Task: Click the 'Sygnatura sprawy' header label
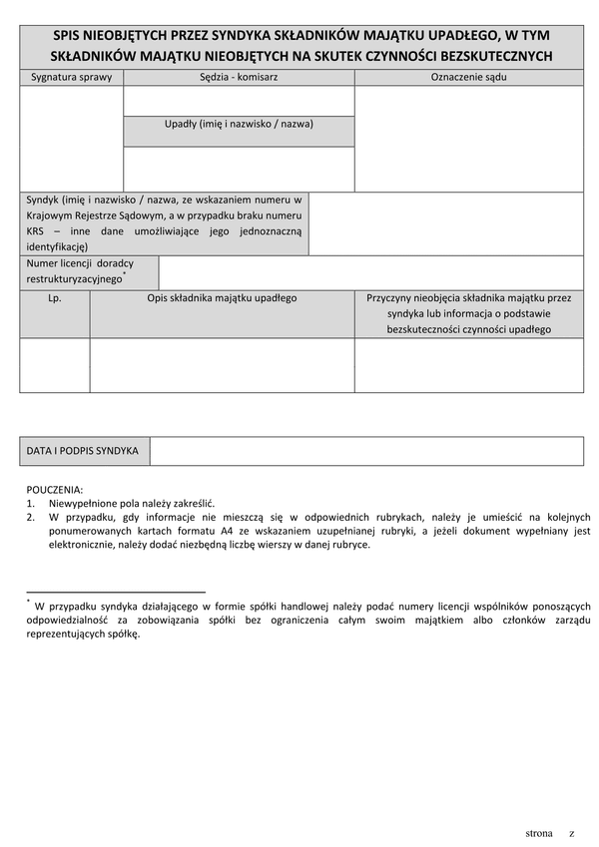[71, 77]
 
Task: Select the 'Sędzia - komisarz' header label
[239, 77]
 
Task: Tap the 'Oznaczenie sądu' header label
[468, 77]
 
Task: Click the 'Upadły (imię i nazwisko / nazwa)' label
[239, 125]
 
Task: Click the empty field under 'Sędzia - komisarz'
[239, 101]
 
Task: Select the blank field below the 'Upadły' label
[239, 169]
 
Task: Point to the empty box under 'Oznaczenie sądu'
[468, 138]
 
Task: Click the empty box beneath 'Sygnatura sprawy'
[71, 138]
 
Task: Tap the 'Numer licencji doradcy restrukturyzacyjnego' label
[88, 271]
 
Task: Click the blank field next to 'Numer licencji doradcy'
[370, 272]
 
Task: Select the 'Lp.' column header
[55, 297]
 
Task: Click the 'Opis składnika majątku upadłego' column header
[222, 297]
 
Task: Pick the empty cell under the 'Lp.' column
[55, 365]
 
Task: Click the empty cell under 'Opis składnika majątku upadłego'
[222, 365]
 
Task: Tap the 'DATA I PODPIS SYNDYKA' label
[84, 451]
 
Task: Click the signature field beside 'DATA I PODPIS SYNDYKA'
[366, 451]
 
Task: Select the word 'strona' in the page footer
[539, 832]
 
